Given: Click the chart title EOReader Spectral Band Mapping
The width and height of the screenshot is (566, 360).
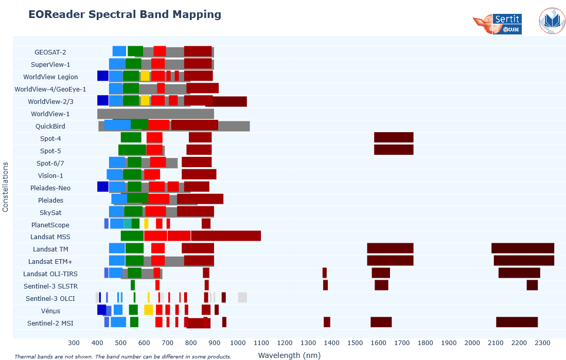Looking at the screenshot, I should (125, 14).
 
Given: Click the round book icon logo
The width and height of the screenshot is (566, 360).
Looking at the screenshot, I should (552, 21).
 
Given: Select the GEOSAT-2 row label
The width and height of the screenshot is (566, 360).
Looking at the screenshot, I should (50, 52).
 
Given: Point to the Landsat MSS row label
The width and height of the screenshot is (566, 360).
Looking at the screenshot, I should (50, 237).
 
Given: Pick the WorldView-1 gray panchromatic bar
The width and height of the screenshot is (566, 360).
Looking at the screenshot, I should (155, 114).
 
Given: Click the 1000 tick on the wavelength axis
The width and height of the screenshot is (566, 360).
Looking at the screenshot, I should (238, 343).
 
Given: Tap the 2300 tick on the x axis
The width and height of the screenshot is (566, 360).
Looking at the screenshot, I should (542, 343).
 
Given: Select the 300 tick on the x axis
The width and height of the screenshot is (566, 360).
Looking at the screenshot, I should (74, 343).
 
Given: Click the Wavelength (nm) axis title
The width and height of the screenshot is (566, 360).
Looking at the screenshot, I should (289, 355).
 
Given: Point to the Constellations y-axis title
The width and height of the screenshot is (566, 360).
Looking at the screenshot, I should (6, 187).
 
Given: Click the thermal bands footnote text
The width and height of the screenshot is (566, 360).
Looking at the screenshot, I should (122, 356).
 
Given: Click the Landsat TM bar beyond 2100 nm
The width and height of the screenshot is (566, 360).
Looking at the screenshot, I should (522, 248).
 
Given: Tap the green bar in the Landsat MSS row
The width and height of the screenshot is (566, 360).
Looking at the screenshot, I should (132, 236).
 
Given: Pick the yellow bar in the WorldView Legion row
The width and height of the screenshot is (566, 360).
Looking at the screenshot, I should (145, 76).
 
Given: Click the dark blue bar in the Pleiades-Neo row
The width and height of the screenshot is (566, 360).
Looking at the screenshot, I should (103, 187).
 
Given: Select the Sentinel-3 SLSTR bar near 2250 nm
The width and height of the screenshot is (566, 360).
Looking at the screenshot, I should (532, 285).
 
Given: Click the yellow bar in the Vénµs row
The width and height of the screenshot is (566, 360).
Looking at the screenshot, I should (148, 310).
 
